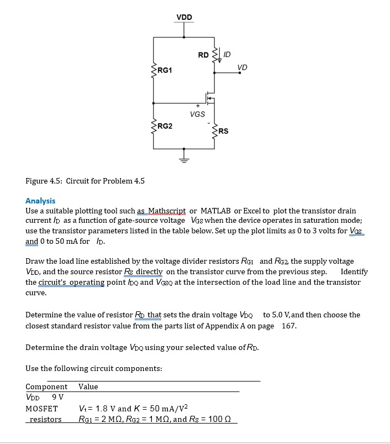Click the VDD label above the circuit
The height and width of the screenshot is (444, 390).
(185, 17)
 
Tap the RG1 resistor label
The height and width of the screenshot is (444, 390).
(165, 70)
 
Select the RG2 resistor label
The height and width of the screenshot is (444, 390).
(165, 126)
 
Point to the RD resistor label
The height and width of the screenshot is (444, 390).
(203, 55)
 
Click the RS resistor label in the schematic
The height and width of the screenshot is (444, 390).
(223, 131)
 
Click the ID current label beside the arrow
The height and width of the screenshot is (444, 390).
(227, 54)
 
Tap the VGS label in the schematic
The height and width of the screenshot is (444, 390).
(197, 114)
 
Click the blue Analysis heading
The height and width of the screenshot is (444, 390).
(40, 201)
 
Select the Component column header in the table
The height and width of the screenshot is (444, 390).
(46, 386)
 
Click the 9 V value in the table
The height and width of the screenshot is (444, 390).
(57, 396)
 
